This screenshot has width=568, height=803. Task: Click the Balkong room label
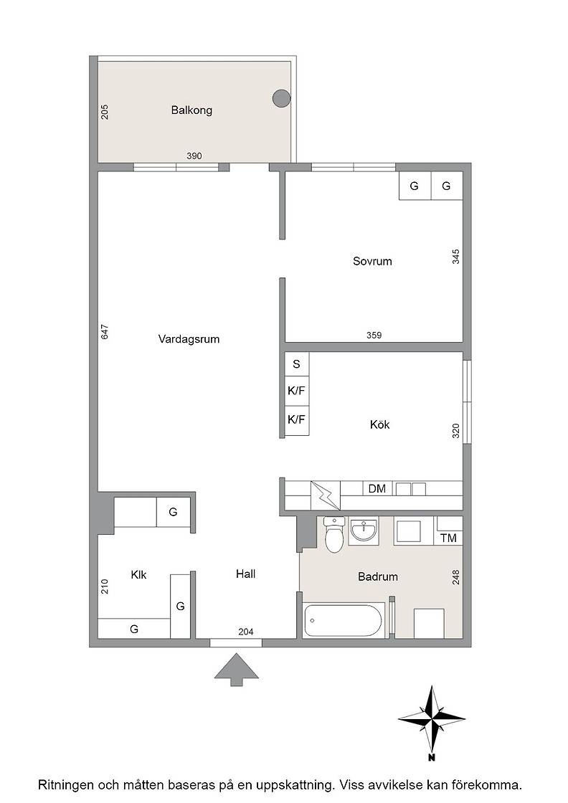coord(191,110)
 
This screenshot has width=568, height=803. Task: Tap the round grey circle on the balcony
coord(281,98)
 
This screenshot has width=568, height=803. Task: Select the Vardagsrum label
coord(189,339)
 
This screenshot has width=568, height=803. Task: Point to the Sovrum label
coord(372,261)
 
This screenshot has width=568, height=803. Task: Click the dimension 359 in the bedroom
coord(374,336)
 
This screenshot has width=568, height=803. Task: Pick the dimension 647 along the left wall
coord(105,332)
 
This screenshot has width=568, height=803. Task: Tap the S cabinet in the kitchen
coord(296,364)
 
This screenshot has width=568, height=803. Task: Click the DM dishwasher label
coord(377,488)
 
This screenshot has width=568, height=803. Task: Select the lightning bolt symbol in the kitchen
coord(326,495)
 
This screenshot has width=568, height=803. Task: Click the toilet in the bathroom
coord(335,535)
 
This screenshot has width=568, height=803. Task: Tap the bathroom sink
coord(364,531)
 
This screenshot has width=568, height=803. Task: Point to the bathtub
coord(344,621)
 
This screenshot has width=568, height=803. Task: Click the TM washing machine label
coord(449,538)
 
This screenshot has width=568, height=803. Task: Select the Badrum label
coord(378,576)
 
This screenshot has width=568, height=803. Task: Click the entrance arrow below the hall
coord(236,670)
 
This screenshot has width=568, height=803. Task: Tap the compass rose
coord(432,719)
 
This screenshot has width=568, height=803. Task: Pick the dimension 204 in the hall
coord(246,632)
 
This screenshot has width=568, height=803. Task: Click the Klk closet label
coord(139,574)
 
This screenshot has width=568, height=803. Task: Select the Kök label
coord(379,424)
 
